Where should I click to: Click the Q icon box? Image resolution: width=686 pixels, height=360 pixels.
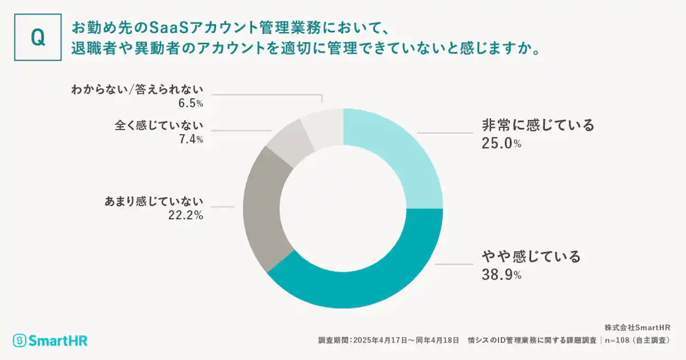tap(38, 37)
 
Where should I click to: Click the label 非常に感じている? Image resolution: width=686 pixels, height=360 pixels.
tap(538, 125)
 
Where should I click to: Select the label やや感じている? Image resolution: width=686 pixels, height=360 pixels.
tap(531, 256)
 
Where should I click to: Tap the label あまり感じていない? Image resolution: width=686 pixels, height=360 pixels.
tap(154, 201)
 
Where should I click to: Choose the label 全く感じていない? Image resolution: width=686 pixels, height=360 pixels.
tap(159, 125)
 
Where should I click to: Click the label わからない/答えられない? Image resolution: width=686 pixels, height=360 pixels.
tap(137, 89)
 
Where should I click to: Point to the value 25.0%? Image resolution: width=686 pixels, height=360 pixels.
tap(501, 144)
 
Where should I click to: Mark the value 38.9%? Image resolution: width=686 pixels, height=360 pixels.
tap(501, 275)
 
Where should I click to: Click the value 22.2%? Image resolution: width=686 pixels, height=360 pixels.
tap(186, 215)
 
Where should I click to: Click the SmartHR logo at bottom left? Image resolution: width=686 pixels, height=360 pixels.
tap(50, 340)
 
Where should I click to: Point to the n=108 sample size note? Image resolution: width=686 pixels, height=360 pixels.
tap(638, 340)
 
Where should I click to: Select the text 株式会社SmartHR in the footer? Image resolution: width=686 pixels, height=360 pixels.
tap(637, 328)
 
